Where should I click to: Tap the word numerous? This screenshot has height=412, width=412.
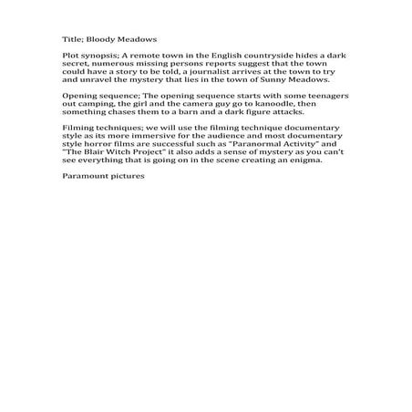81,64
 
